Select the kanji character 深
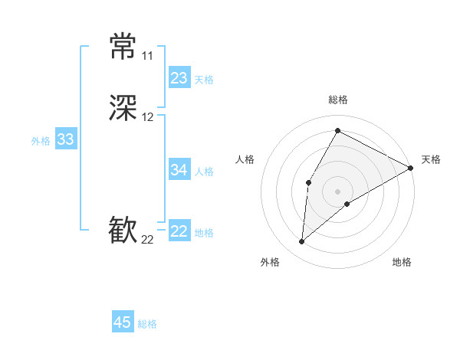pos(123,109)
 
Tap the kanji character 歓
pos(123,231)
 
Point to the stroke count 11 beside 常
pos(148,56)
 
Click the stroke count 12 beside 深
pos(148,117)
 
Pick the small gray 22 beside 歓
pos(148,240)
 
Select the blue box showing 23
pos(179,78)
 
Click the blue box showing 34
pos(179,170)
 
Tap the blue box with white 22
pos(179,231)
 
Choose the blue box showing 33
pos(66,139)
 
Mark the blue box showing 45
pos(123,322)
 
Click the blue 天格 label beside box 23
pos(204,80)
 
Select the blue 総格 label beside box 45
pos(147,324)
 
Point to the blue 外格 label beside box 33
pos(41,141)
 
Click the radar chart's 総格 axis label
pos(337,100)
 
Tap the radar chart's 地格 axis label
pos(402,263)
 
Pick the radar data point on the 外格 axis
pos(301,242)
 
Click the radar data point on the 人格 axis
pos(308,182)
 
